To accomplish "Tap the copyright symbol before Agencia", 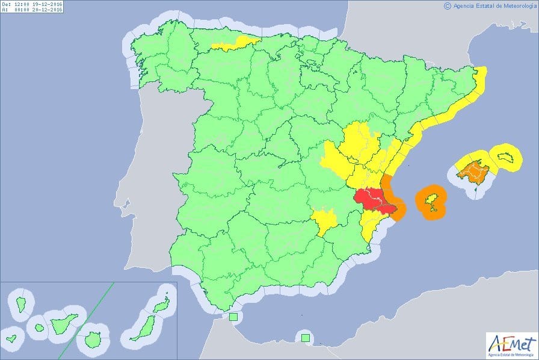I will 447,6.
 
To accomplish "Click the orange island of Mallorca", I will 473,170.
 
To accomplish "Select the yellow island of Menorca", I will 505,157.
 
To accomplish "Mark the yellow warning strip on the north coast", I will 236,43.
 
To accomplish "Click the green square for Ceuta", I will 233,317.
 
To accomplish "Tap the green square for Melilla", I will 306,338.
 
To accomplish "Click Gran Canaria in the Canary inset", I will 92,339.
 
